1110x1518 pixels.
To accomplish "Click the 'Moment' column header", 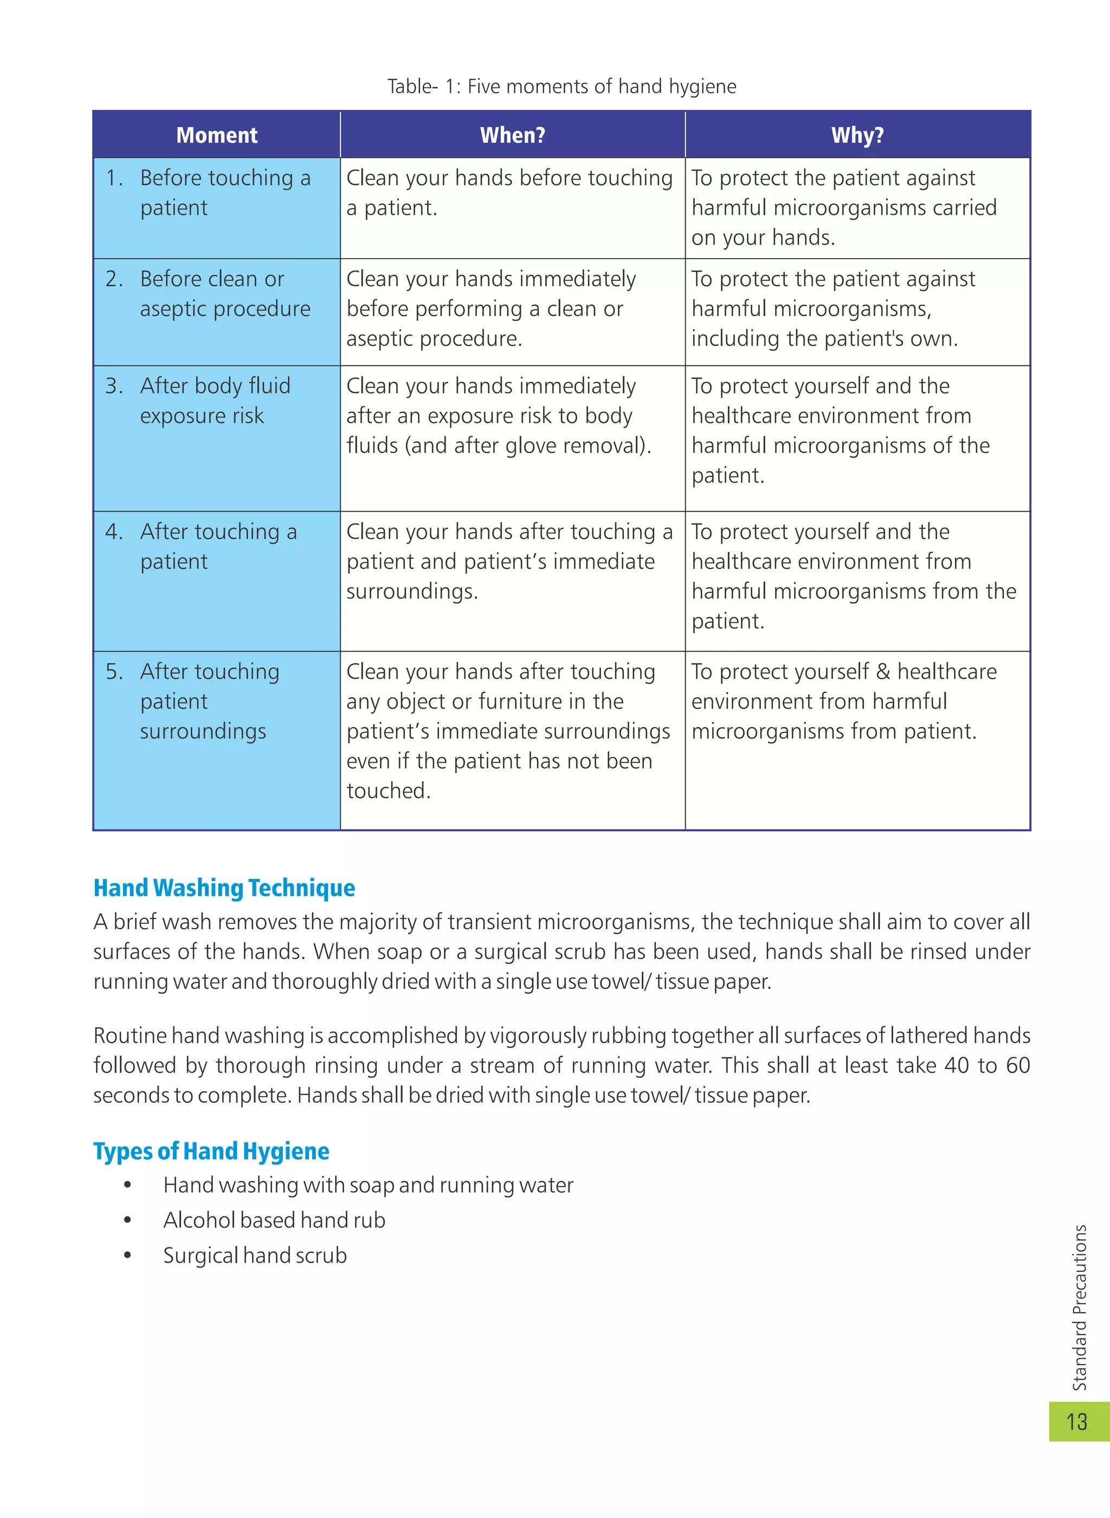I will (x=216, y=135).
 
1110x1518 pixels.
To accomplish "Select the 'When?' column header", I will (x=512, y=135).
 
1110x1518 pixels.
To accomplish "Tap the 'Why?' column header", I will (x=857, y=135).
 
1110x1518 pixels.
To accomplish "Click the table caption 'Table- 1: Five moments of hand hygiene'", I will (x=561, y=87).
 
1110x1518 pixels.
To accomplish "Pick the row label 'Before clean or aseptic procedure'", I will (x=224, y=294).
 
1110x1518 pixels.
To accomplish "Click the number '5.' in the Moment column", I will (x=114, y=671).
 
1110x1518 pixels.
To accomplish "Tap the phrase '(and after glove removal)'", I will (x=527, y=446).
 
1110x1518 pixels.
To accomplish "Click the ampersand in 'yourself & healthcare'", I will (x=883, y=671).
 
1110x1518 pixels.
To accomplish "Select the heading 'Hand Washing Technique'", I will (x=224, y=887).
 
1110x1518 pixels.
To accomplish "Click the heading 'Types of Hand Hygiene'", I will (x=211, y=1151).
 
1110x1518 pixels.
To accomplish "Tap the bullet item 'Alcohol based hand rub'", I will (x=274, y=1220).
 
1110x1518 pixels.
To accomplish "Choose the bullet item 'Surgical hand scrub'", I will (x=255, y=1255).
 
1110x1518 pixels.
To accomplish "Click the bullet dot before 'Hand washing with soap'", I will (x=127, y=1185).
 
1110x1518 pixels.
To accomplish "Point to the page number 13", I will (x=1076, y=1421).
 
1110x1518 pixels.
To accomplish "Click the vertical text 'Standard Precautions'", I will (x=1079, y=1308).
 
